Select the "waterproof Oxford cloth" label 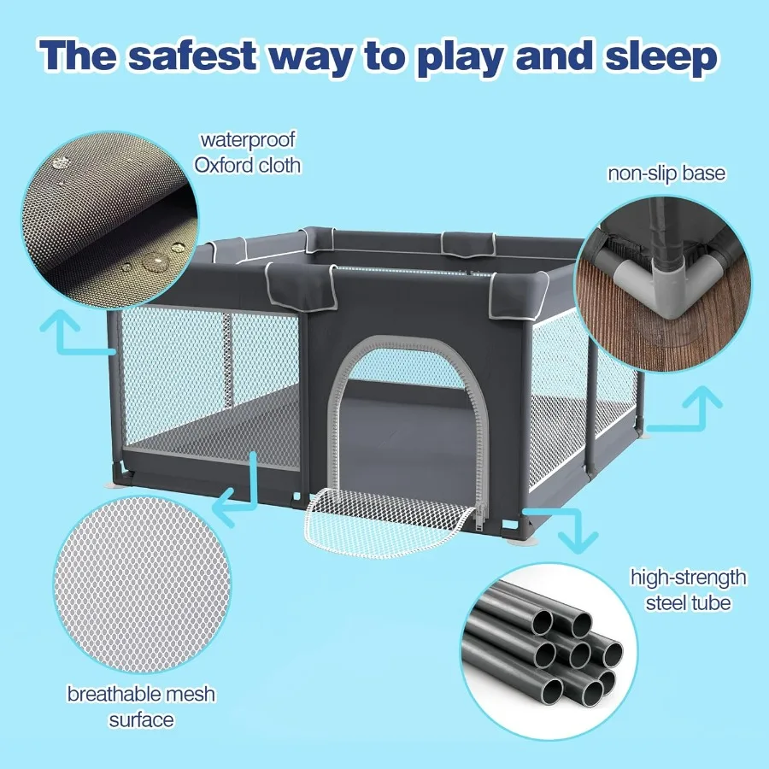pyautogui.click(x=248, y=151)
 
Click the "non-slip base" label pyautogui.click(x=666, y=173)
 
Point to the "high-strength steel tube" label pyautogui.click(x=688, y=590)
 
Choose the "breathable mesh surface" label pyautogui.click(x=141, y=706)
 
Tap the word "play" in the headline pyautogui.click(x=468, y=56)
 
